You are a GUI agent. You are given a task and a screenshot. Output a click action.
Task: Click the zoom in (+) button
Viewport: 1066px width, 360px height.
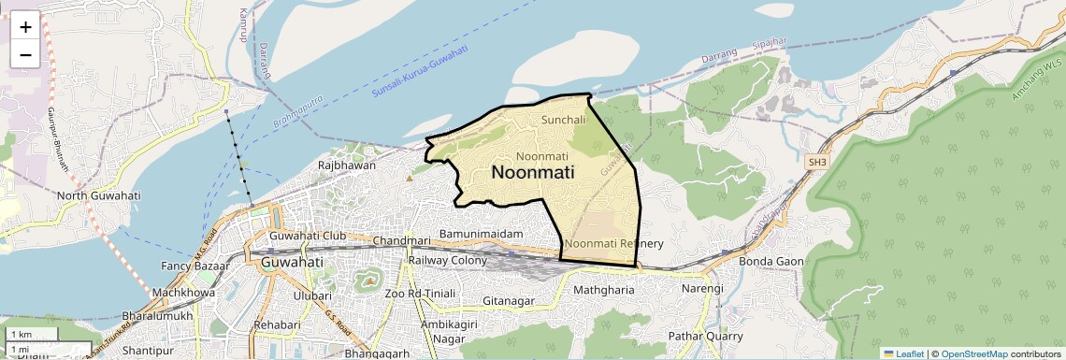(x=25, y=26)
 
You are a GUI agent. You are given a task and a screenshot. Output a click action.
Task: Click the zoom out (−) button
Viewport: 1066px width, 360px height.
(x=25, y=54)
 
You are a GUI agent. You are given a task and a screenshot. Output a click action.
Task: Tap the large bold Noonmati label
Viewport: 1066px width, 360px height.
(x=533, y=173)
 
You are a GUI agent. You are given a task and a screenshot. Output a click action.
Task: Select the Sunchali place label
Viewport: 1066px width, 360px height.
(x=564, y=120)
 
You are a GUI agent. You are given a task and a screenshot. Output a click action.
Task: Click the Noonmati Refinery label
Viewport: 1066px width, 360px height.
(x=614, y=244)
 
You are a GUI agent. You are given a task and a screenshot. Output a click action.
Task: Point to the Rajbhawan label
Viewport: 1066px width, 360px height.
(x=347, y=166)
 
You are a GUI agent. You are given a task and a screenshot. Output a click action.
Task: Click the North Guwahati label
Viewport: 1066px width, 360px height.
(x=98, y=195)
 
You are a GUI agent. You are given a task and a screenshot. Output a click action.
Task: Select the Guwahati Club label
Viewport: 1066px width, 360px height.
(x=308, y=236)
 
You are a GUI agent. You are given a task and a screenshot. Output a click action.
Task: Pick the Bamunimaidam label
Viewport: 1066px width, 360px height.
(x=481, y=232)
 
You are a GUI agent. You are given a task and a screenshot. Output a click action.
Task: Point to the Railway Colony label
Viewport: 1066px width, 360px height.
(x=449, y=261)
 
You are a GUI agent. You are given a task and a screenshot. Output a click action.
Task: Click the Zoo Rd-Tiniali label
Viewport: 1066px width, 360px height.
(x=419, y=294)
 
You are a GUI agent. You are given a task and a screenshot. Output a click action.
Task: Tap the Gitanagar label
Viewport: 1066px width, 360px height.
(x=509, y=301)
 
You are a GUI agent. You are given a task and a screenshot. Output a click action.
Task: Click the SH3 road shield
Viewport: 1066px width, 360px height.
(x=818, y=162)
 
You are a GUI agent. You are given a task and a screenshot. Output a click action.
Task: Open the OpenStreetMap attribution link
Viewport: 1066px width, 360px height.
(x=973, y=353)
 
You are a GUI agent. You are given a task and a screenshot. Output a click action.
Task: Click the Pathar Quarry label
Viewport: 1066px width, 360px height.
(x=706, y=336)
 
